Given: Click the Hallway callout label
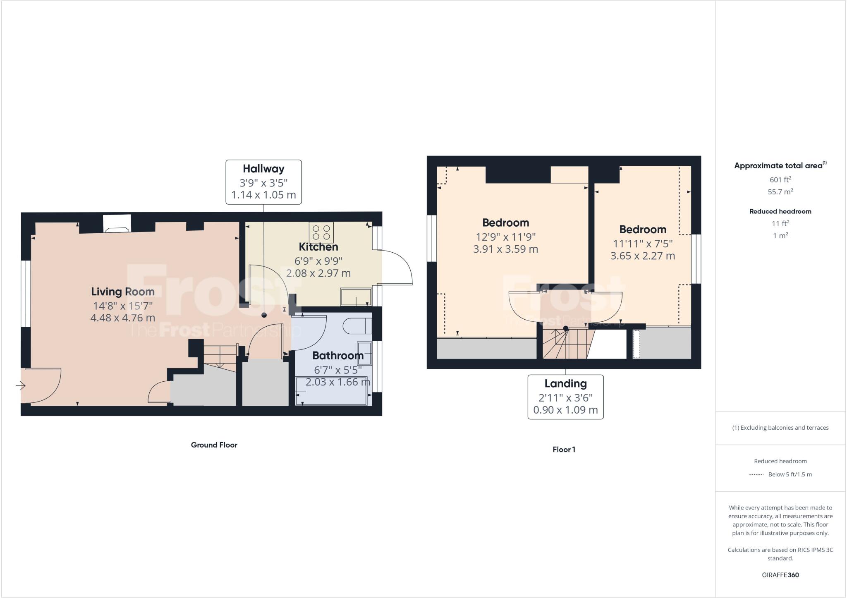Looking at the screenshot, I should (x=263, y=169).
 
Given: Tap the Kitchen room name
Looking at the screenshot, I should (x=318, y=247).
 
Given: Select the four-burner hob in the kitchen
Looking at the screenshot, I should (x=321, y=232).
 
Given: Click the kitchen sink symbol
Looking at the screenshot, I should (x=356, y=297).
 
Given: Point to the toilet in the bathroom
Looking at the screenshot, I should (x=357, y=326).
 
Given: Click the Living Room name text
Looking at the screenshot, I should (x=123, y=292).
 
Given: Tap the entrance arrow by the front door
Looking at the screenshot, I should (x=21, y=386).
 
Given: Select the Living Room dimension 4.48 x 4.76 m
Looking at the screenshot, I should (x=123, y=318).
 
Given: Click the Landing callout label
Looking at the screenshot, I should (x=565, y=384).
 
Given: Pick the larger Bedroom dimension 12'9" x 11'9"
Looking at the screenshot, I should (x=505, y=237).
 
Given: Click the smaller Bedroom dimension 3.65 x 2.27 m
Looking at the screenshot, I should (x=642, y=256).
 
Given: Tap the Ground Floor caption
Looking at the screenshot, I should (x=214, y=445).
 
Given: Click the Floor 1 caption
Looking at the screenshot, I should (x=564, y=450).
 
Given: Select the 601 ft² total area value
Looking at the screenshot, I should (x=780, y=179).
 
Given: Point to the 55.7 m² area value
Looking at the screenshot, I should (x=780, y=192).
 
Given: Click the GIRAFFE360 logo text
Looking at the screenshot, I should (x=780, y=575).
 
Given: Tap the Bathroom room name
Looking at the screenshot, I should (x=338, y=356).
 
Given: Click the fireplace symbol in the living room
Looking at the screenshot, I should (x=117, y=224).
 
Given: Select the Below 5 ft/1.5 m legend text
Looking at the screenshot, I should (x=790, y=474).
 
